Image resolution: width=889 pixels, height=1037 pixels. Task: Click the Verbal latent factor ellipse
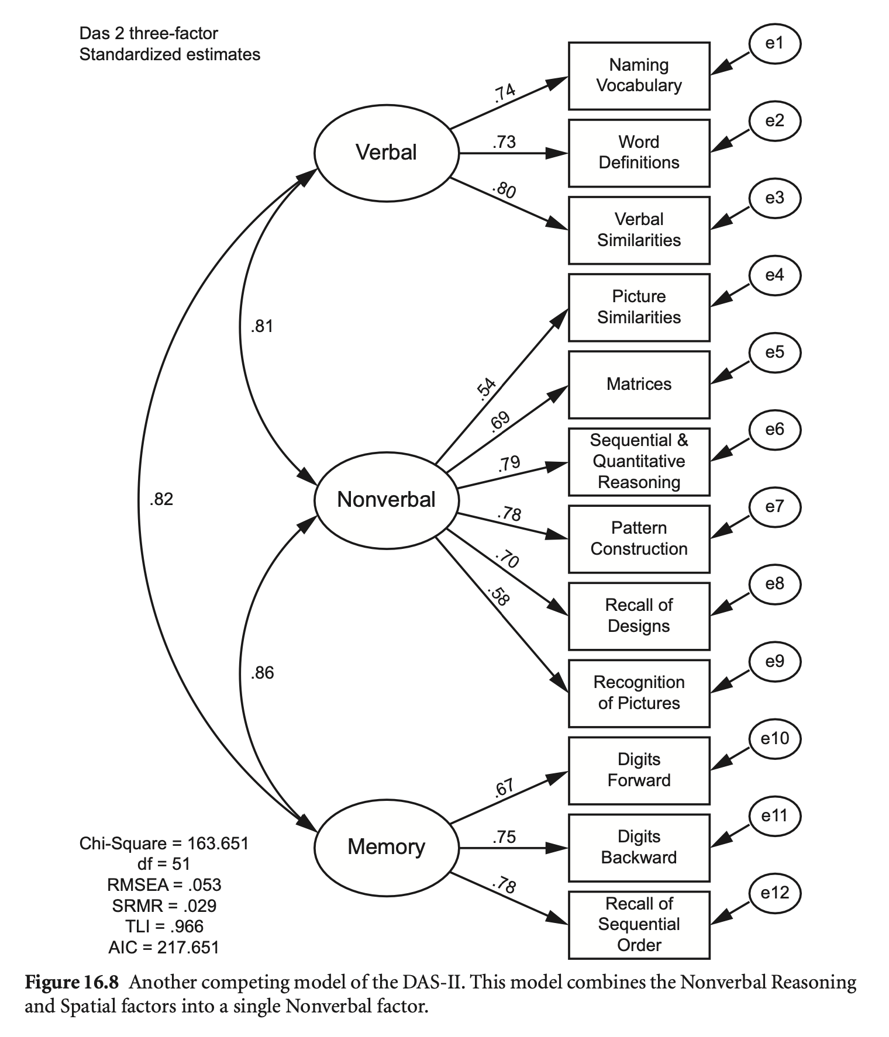tap(387, 153)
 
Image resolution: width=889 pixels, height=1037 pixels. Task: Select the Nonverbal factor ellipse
tap(387, 500)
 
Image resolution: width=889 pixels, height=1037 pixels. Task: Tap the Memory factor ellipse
tap(387, 847)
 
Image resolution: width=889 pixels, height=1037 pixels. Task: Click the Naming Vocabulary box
tap(639, 75)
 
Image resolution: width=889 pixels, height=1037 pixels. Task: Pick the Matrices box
tap(639, 385)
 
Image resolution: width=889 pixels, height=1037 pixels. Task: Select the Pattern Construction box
tap(639, 538)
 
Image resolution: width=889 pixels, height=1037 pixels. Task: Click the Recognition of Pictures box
tap(639, 693)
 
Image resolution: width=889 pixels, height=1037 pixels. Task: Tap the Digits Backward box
tap(639, 847)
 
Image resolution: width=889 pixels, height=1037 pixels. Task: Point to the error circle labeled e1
tap(774, 44)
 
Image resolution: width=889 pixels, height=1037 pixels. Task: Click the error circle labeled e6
tap(774, 430)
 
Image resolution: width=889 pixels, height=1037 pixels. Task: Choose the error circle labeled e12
tap(774, 893)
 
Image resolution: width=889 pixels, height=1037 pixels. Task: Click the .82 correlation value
tap(161, 500)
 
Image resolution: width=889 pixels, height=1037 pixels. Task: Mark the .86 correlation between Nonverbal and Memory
tap(262, 673)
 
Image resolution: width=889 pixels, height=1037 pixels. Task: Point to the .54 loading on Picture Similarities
tap(487, 389)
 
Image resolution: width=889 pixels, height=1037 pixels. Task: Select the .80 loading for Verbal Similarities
tap(504, 191)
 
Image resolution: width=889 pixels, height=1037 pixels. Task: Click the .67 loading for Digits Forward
tap(504, 788)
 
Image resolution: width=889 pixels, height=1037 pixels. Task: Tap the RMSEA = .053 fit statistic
tap(164, 885)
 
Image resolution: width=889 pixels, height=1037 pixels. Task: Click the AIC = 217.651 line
tap(164, 947)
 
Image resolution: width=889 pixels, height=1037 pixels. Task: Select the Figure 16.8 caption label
tap(71, 983)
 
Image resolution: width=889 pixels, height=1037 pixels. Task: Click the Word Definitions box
tap(639, 153)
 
